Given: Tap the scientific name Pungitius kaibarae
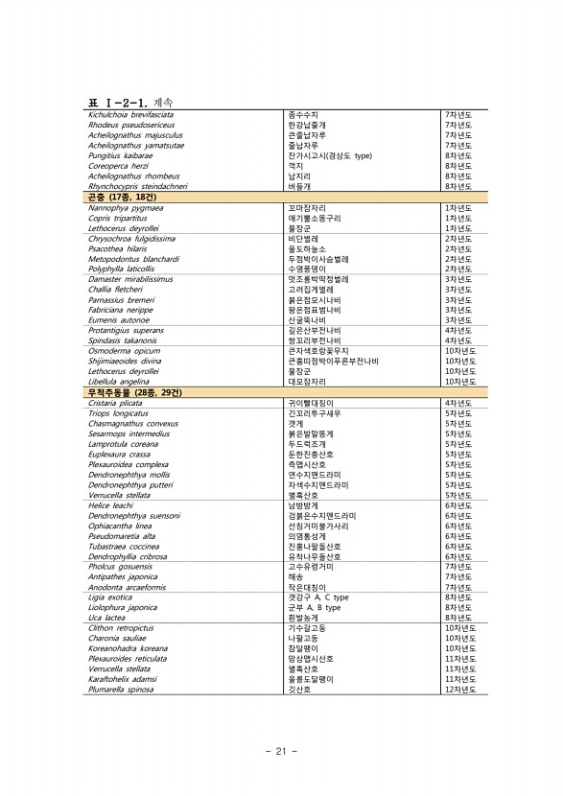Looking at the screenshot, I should [x=121, y=154].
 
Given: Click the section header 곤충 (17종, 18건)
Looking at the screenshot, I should [x=122, y=196].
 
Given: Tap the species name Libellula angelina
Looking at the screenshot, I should [x=118, y=382].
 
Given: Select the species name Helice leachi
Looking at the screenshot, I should [x=110, y=505].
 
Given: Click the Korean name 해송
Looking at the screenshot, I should [x=295, y=577].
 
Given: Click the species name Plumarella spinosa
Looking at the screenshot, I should [x=121, y=690].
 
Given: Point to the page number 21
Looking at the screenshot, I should [x=281, y=751].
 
